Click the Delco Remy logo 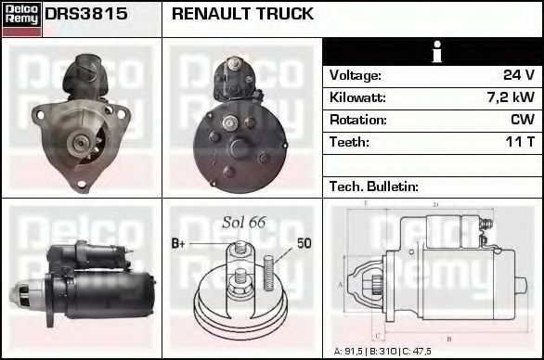21,19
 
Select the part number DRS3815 86,15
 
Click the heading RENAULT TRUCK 243,15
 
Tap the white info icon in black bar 433,52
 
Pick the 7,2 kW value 510,97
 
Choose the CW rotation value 522,120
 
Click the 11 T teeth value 518,142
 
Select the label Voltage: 356,75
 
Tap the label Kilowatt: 357,97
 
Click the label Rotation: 357,120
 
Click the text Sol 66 244,222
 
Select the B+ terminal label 178,244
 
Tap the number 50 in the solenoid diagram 304,244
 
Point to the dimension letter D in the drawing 435,205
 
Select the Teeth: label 349,142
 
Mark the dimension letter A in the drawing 340,284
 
